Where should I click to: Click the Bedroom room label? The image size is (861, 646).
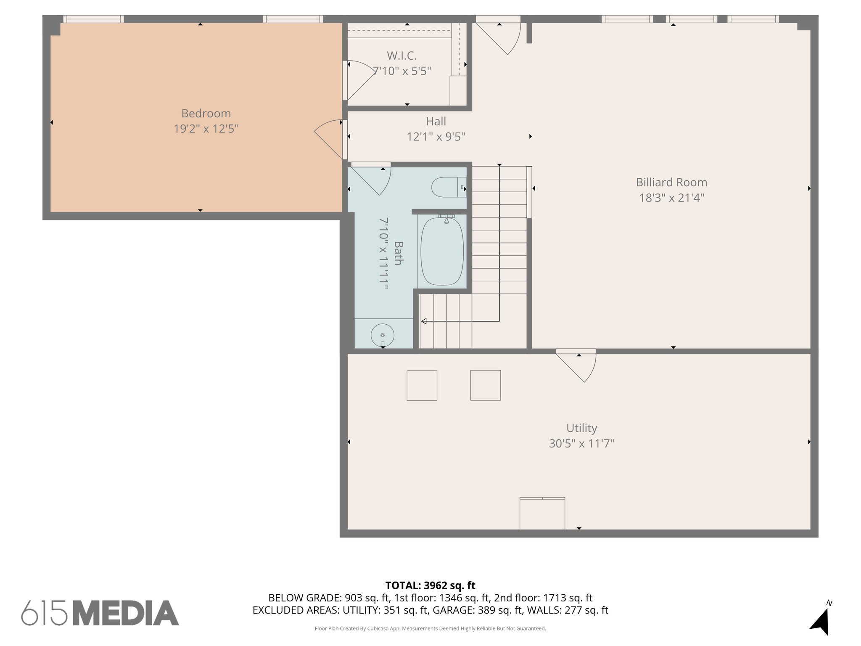[206, 114]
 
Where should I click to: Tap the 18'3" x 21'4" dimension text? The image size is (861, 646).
[671, 198]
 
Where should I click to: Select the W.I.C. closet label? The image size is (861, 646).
[401, 56]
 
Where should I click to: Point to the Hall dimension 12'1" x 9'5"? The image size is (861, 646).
[436, 137]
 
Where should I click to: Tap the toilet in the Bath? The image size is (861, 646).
[446, 187]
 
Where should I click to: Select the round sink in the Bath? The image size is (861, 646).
[382, 335]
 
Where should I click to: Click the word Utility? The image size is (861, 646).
[581, 428]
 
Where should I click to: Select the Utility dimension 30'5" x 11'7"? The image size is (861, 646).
[581, 444]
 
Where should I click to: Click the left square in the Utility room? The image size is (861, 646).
[422, 385]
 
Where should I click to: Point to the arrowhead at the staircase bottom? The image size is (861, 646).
[424, 321]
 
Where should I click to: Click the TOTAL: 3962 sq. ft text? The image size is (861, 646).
[430, 585]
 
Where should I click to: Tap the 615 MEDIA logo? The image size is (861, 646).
[100, 613]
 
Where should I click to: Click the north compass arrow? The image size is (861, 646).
[821, 620]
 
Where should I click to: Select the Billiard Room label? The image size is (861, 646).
[671, 182]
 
